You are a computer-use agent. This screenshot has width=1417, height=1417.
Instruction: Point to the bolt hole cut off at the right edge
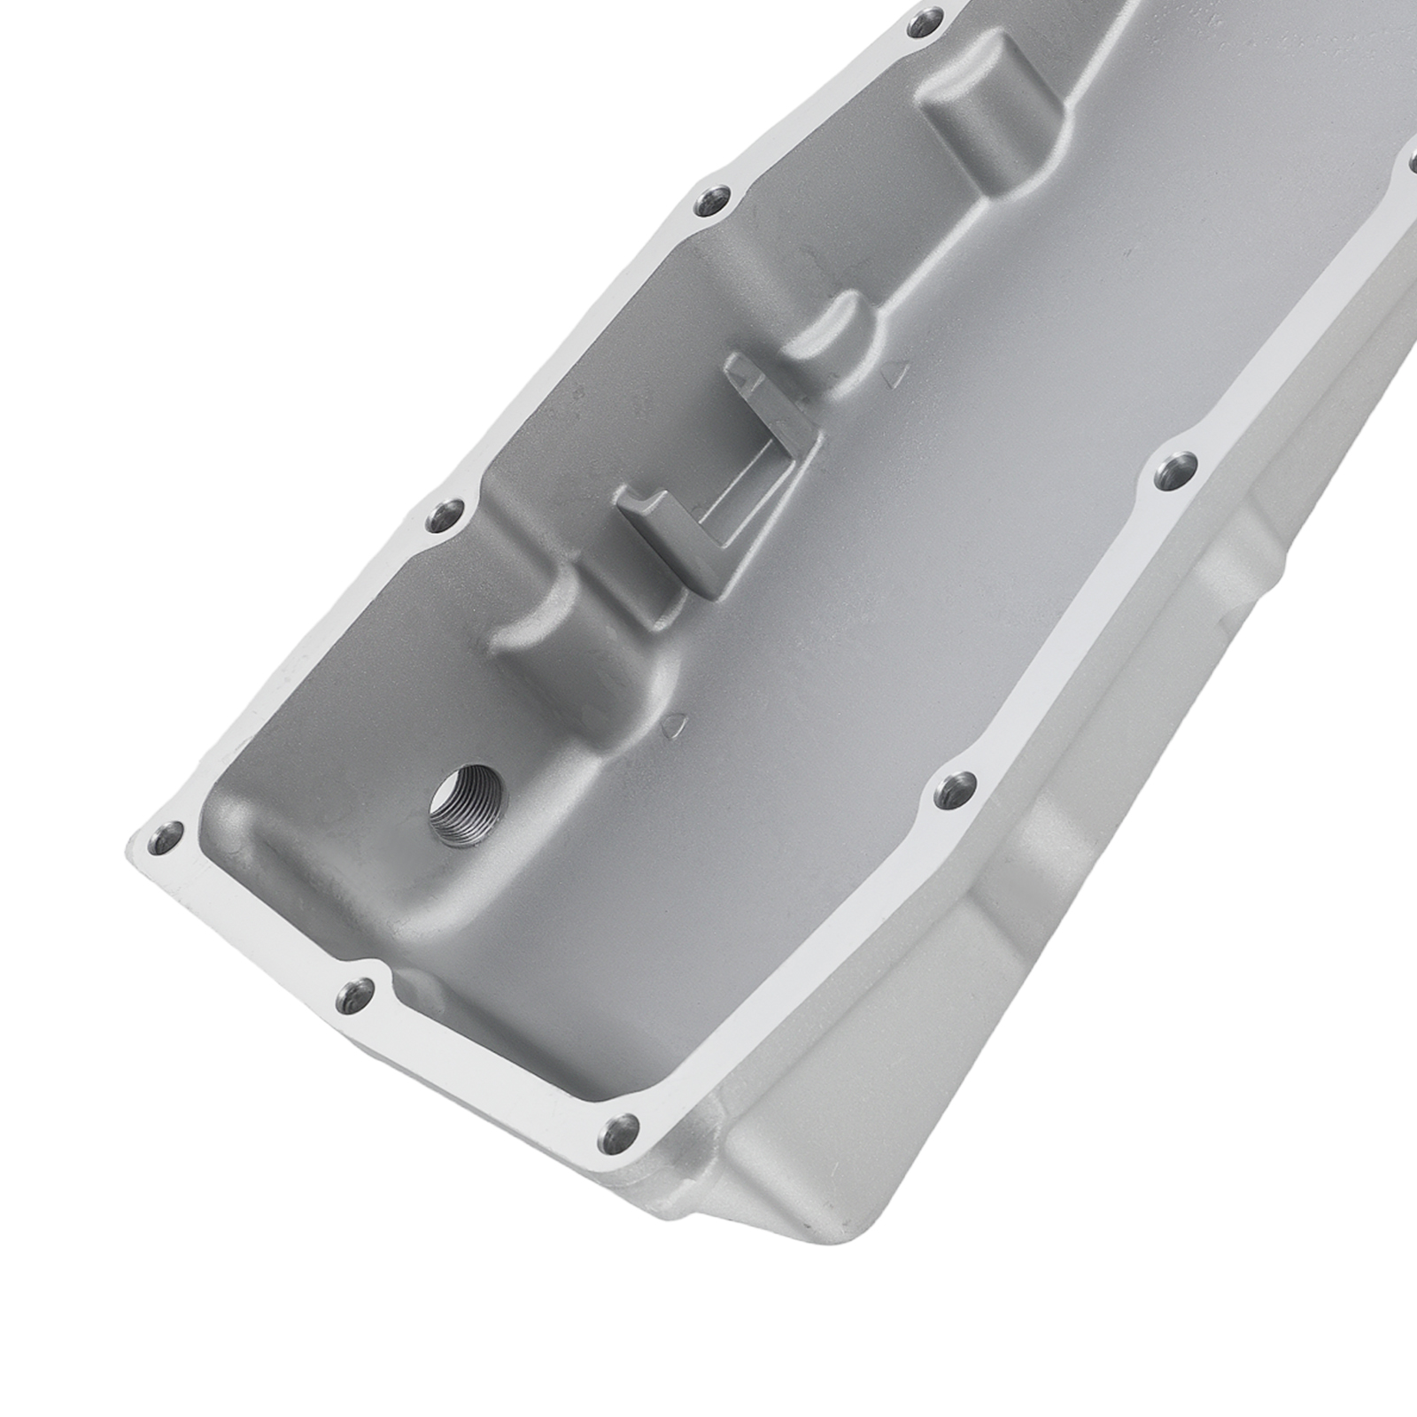[x=1409, y=164]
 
